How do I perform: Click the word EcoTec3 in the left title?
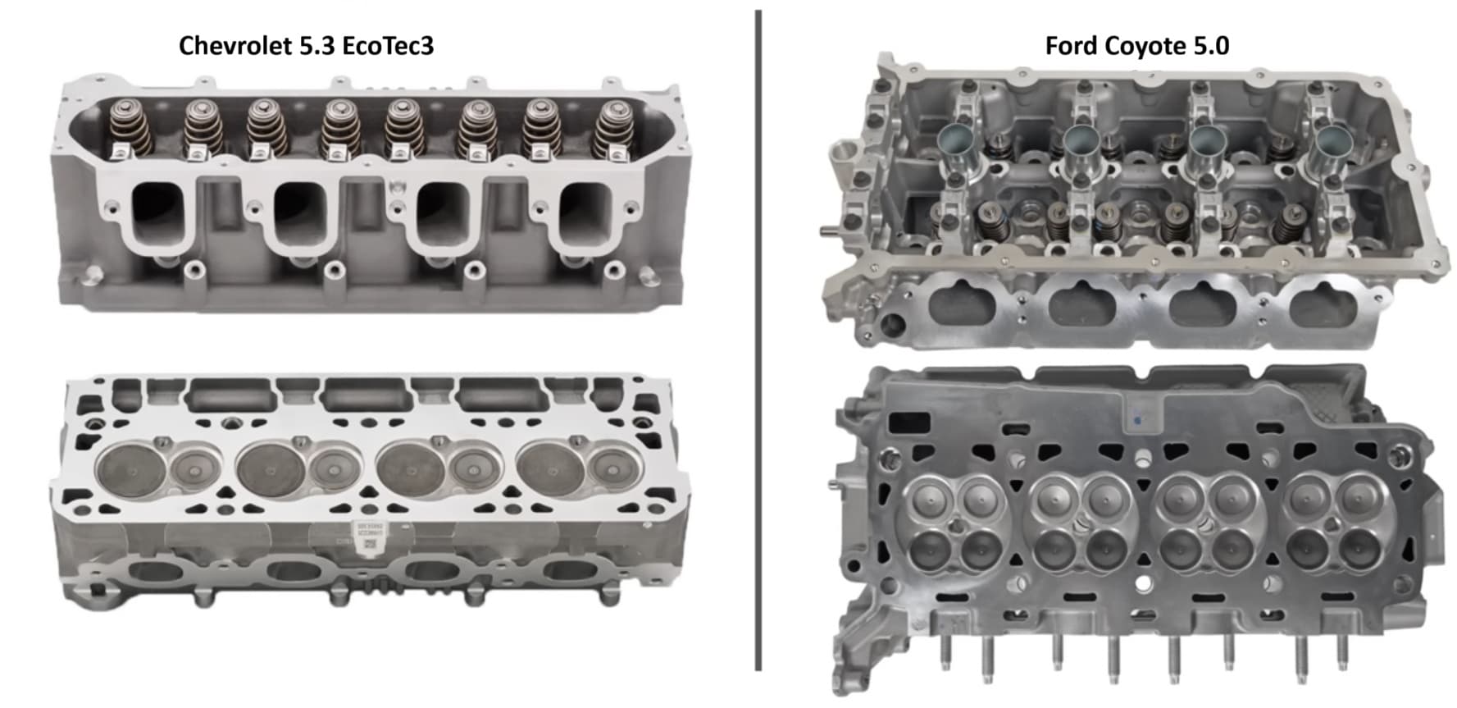pos(387,45)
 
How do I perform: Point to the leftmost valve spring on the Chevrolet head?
pos(129,127)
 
